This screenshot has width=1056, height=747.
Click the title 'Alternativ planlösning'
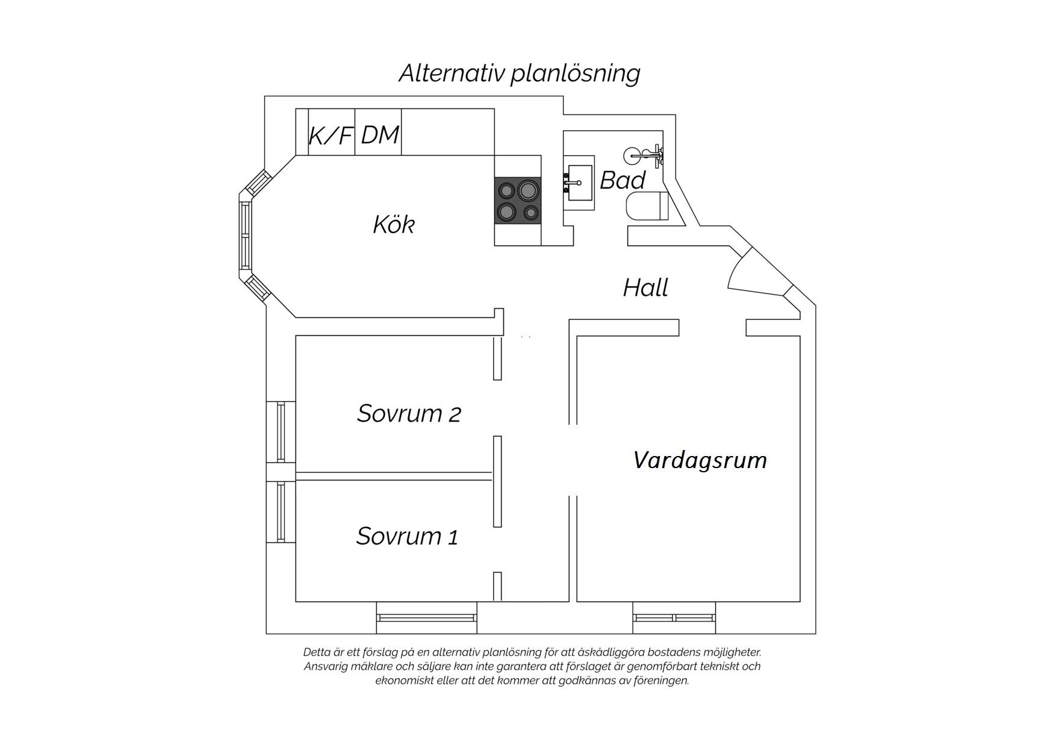519,73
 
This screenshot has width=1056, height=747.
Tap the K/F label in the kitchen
331,136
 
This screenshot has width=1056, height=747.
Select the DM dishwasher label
380,135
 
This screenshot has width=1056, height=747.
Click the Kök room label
394,224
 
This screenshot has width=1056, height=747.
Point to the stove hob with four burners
518,201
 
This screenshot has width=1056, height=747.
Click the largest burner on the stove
528,190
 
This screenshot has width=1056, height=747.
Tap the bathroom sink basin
579,183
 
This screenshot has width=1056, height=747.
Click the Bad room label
623,180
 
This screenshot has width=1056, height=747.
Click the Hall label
645,288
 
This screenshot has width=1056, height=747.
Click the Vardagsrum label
700,460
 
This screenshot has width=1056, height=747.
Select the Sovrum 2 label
409,413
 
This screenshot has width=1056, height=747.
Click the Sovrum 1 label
407,536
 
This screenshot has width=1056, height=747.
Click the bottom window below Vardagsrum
674,617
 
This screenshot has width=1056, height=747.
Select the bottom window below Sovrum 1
427,617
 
